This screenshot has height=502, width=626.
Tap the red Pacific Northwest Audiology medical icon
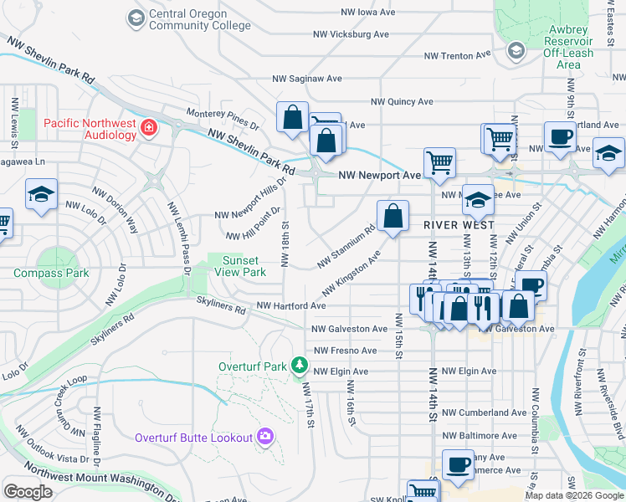tap(149, 127)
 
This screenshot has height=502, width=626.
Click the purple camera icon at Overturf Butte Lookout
tap(265, 437)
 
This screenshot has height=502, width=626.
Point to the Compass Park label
tap(51, 273)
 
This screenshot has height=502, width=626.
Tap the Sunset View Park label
tap(244, 266)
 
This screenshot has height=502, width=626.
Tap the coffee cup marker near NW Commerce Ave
tap(457, 464)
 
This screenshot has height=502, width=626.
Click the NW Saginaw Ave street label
tap(307, 79)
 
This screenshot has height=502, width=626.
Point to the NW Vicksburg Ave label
tap(351, 34)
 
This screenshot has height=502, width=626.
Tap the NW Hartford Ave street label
tap(290, 306)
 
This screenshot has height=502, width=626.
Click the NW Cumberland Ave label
tap(485, 412)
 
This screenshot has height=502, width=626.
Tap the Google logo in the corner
tap(28, 491)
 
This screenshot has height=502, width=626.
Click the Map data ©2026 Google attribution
tap(573, 495)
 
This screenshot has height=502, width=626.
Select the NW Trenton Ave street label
tap(457, 56)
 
